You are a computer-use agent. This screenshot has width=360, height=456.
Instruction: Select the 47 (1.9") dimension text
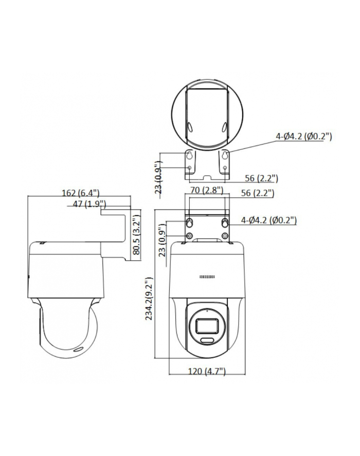click(85, 204)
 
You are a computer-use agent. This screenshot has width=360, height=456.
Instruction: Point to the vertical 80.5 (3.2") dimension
click(136, 235)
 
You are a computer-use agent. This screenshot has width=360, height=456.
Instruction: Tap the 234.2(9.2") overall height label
click(150, 299)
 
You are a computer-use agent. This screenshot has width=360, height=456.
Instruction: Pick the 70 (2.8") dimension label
click(206, 190)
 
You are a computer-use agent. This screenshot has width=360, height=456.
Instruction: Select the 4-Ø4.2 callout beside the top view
click(304, 136)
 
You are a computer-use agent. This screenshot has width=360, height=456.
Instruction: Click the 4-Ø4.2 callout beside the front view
click(269, 220)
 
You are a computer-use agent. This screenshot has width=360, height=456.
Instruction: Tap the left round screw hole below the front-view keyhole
click(190, 236)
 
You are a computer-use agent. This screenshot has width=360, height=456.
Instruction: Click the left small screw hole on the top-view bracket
click(190, 168)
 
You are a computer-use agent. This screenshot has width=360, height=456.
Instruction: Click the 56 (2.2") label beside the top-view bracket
click(261, 179)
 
